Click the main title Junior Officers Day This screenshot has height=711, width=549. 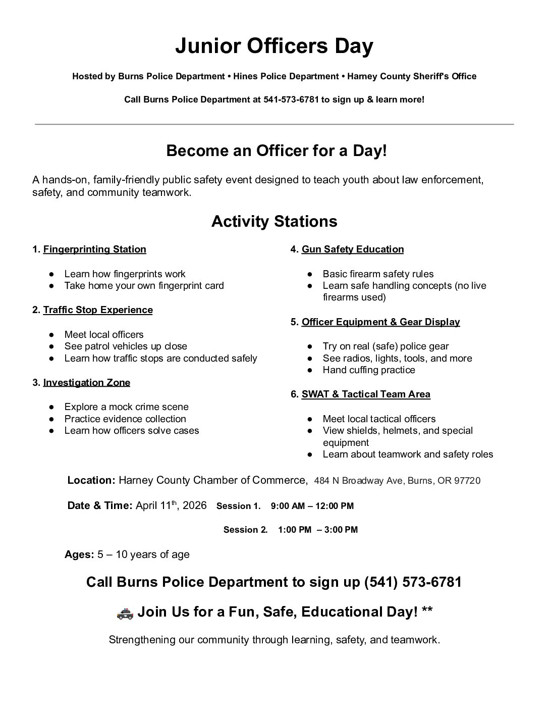pyautogui.click(x=274, y=46)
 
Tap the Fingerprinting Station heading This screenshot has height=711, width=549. pyautogui.click(x=94, y=249)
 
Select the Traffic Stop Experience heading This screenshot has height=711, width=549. pyautogui.click(x=98, y=310)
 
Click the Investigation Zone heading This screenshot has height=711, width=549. pyautogui.click(x=86, y=383)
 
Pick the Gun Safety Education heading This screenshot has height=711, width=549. pyautogui.click(x=353, y=249)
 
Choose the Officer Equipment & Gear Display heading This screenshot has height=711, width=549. pyautogui.click(x=380, y=322)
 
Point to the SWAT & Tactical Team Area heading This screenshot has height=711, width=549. pyautogui.click(x=366, y=394)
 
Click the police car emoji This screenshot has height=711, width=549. pyautogui.click(x=125, y=613)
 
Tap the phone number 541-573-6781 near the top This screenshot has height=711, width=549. pyautogui.click(x=291, y=99)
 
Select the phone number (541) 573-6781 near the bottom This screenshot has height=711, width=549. pyautogui.click(x=413, y=582)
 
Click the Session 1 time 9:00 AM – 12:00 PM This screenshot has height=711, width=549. pyautogui.click(x=312, y=506)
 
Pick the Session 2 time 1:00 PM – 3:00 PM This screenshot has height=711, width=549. pyautogui.click(x=318, y=530)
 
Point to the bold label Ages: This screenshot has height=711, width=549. pyautogui.click(x=79, y=554)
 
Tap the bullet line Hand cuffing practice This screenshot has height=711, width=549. pyautogui.click(x=369, y=370)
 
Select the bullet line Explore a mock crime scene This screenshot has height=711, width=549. pyautogui.click(x=126, y=407)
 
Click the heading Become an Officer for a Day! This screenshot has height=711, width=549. pyautogui.click(x=277, y=151)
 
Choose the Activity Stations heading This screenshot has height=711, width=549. pyautogui.click(x=274, y=222)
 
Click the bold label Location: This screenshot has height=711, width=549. pyautogui.click(x=91, y=480)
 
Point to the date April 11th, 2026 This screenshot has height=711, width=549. pyautogui.click(x=171, y=505)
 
